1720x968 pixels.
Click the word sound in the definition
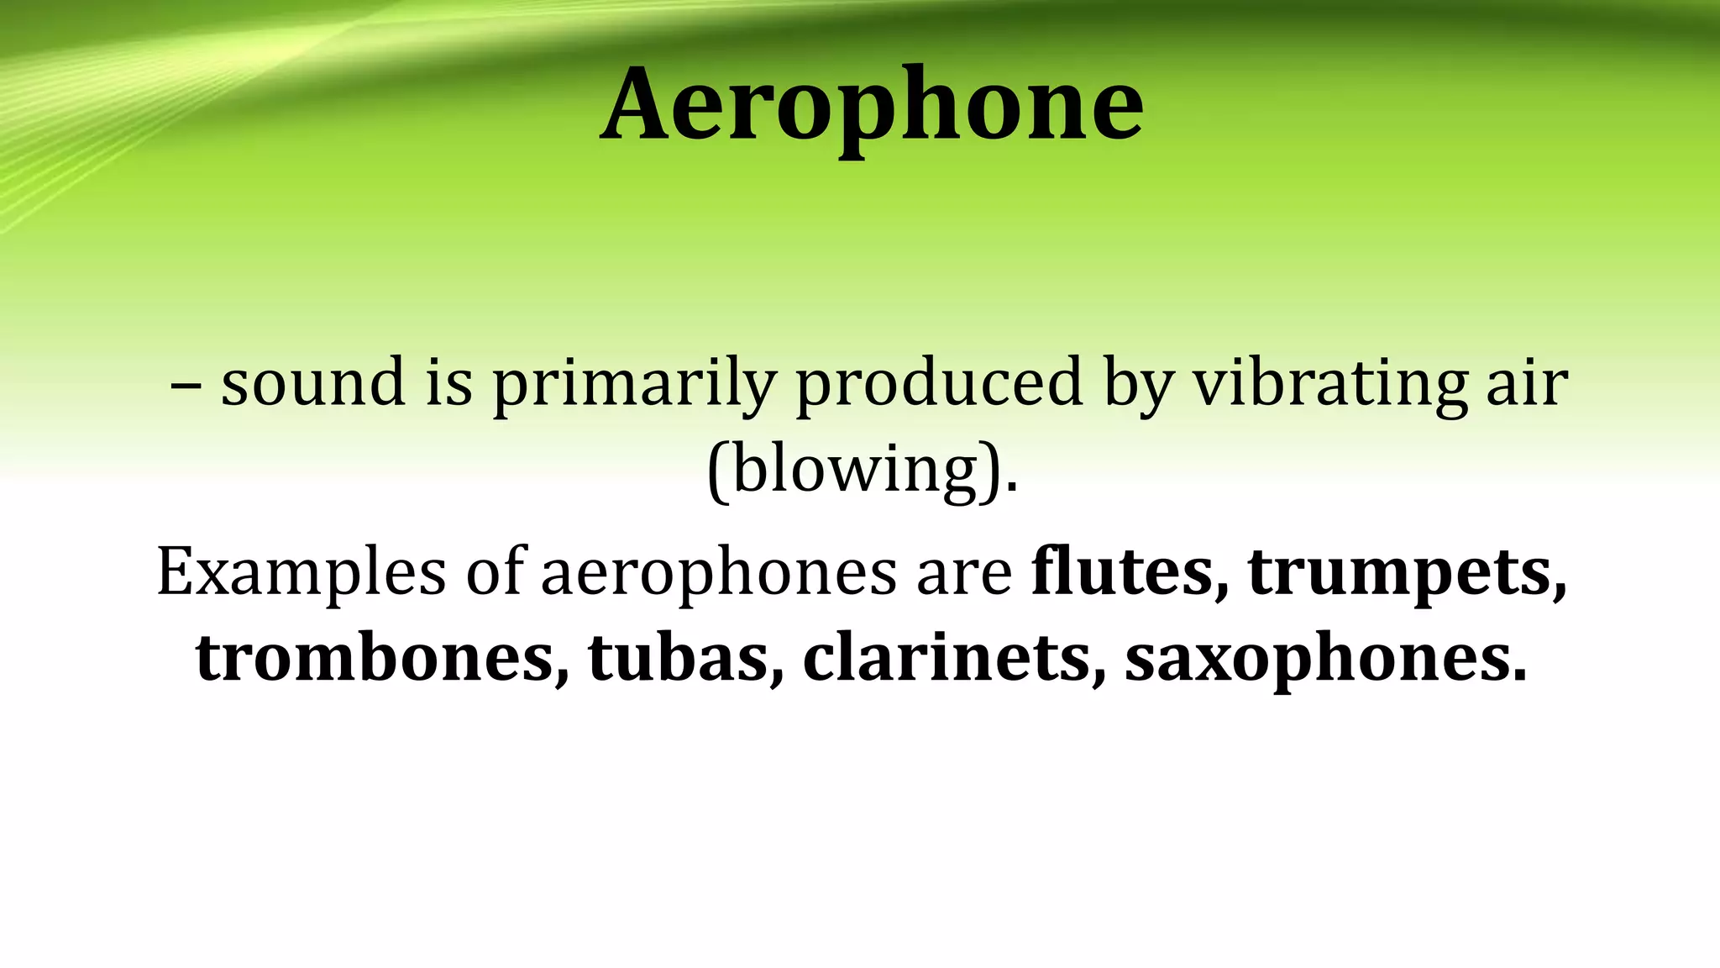coord(313,382)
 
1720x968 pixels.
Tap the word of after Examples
coord(496,571)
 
